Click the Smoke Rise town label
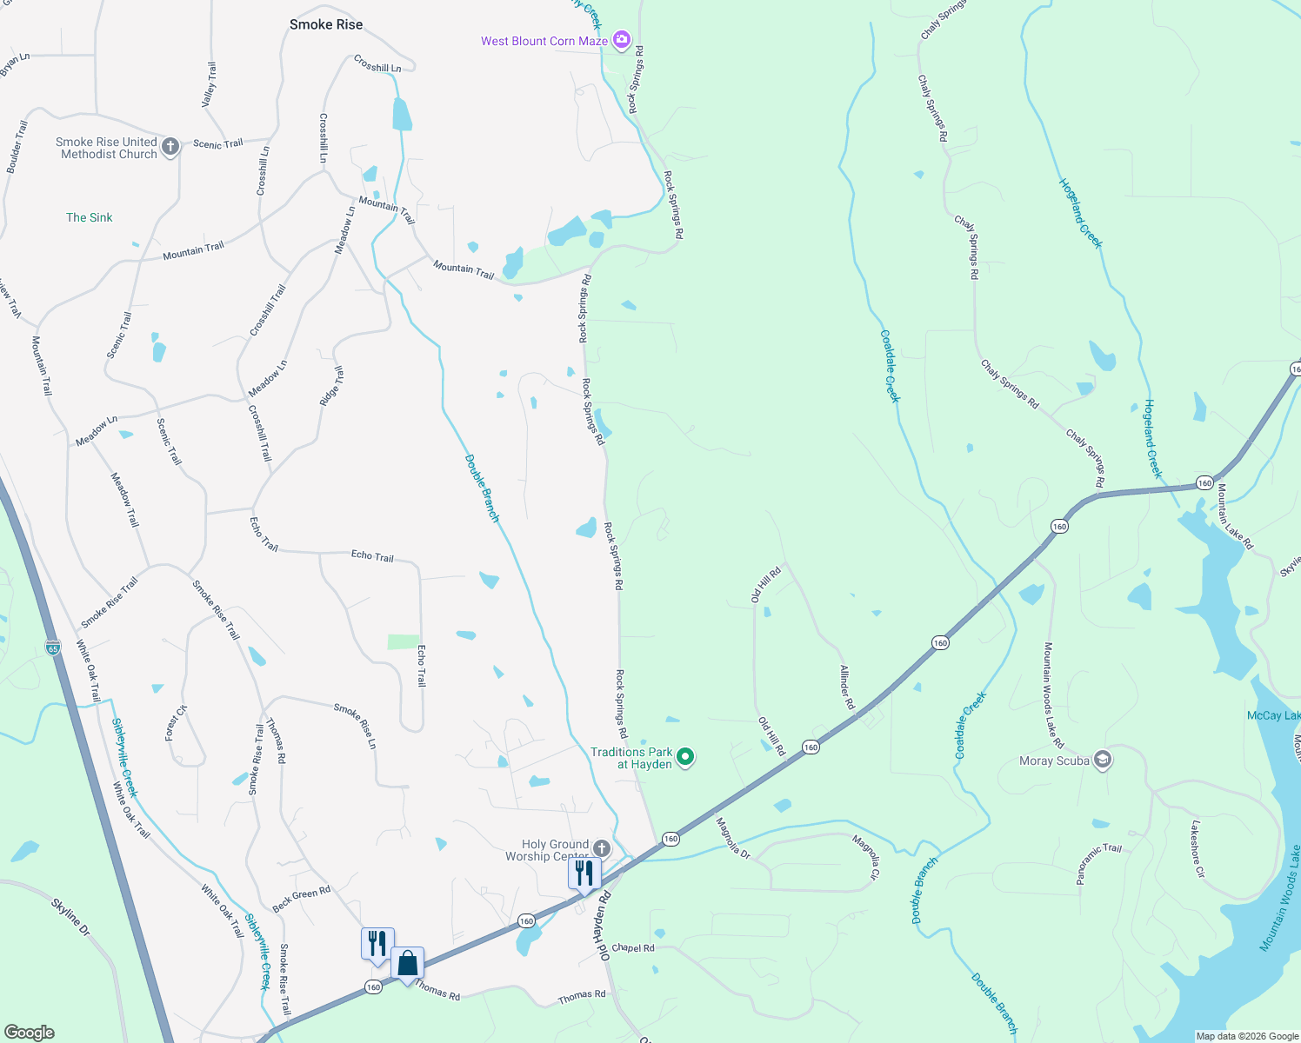tap(326, 24)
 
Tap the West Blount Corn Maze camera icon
tap(621, 40)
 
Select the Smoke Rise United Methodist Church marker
tap(170, 146)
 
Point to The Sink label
tap(90, 217)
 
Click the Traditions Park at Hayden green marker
tap(685, 757)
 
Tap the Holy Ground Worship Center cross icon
tap(602, 847)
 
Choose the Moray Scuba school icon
tap(1103, 761)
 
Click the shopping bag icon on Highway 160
tap(407, 964)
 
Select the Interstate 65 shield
tap(53, 648)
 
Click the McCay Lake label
tap(1273, 715)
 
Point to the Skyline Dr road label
tap(70, 917)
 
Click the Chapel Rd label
tap(633, 947)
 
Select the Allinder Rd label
tap(847, 687)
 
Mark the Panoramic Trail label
tap(1098, 863)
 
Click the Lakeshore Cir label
tap(1197, 848)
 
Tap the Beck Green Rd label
tap(302, 899)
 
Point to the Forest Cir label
tap(176, 723)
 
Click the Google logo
tap(30, 1032)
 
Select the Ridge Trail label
tap(331, 386)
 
